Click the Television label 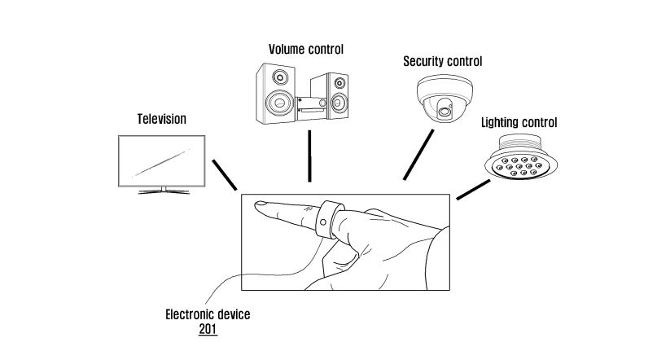coord(161,119)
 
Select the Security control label coord(443,62)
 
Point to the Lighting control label coord(519,123)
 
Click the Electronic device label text coord(208,314)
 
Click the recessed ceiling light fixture coord(519,160)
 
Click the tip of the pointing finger coord(258,206)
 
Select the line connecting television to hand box coord(224,175)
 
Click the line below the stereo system coord(309,155)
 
